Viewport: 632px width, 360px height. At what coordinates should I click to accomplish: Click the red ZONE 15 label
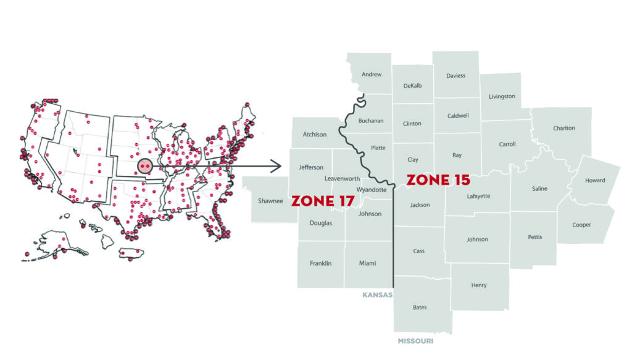438,180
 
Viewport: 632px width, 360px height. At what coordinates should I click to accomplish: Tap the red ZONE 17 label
322,201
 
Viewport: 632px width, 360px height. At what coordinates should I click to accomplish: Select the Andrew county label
372,74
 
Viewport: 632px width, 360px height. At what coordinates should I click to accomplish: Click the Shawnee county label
270,201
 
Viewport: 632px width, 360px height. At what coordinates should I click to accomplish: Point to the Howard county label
595,180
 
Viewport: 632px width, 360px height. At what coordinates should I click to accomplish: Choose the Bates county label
420,307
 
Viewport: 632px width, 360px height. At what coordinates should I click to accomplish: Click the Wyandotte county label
372,190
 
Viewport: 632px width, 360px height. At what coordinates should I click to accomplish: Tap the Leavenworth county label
342,178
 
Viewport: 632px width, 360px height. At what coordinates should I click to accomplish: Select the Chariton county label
563,128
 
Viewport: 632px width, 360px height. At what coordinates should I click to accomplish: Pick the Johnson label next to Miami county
370,214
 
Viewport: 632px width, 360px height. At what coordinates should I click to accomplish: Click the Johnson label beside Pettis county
477,239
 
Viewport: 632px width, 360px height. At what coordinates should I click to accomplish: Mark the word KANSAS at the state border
377,295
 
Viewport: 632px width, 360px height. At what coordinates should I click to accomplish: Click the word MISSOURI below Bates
415,341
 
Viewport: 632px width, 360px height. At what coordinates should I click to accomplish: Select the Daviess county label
455,75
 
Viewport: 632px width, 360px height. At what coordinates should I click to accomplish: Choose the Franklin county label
320,263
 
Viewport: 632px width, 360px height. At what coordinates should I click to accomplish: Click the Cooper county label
581,225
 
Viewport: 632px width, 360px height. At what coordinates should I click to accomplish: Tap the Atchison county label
314,135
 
